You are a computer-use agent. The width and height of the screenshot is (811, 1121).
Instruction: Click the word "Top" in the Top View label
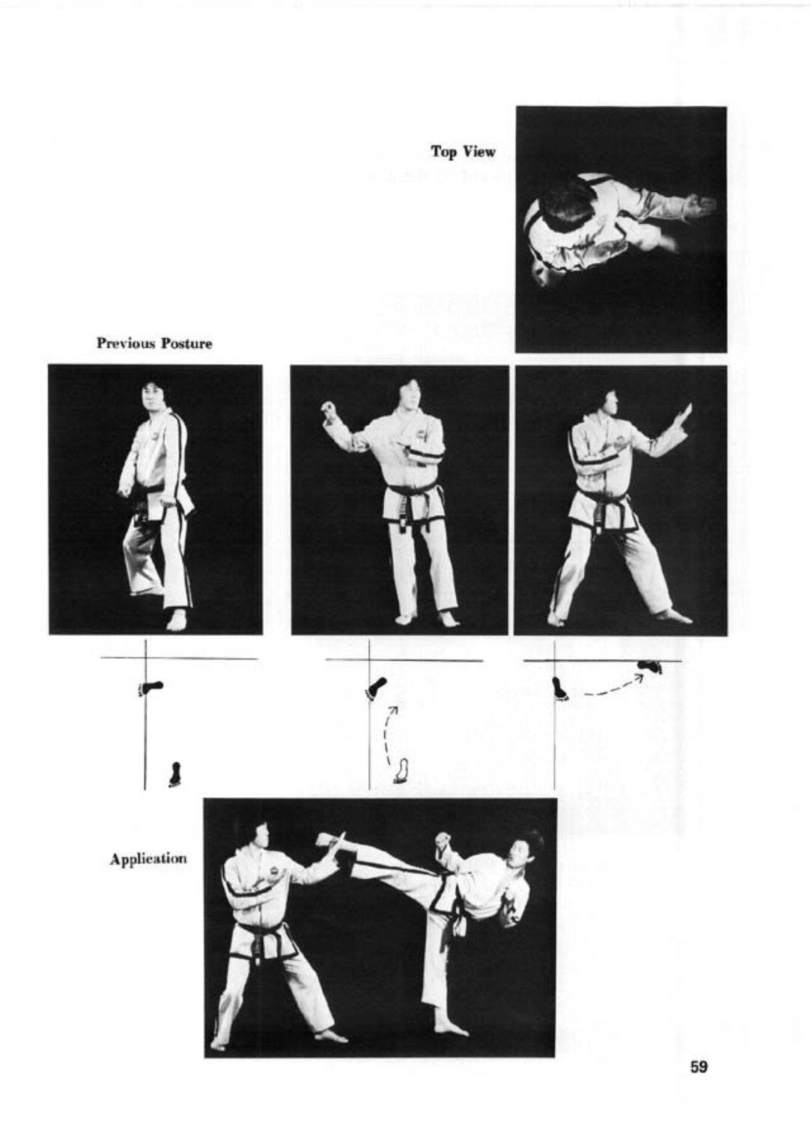click(x=443, y=151)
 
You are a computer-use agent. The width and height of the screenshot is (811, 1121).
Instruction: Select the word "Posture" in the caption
click(x=186, y=343)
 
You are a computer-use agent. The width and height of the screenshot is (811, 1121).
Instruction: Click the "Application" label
click(x=149, y=860)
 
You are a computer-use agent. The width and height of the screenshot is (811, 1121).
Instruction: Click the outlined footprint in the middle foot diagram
click(x=401, y=771)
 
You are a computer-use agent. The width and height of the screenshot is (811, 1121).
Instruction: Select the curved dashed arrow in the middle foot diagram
click(x=388, y=731)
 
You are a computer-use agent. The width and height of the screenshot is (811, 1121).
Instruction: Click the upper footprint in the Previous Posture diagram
click(x=151, y=688)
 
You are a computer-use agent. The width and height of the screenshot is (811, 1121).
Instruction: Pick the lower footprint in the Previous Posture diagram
click(x=175, y=774)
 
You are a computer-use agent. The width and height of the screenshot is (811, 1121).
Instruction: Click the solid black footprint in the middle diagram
click(x=375, y=688)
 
